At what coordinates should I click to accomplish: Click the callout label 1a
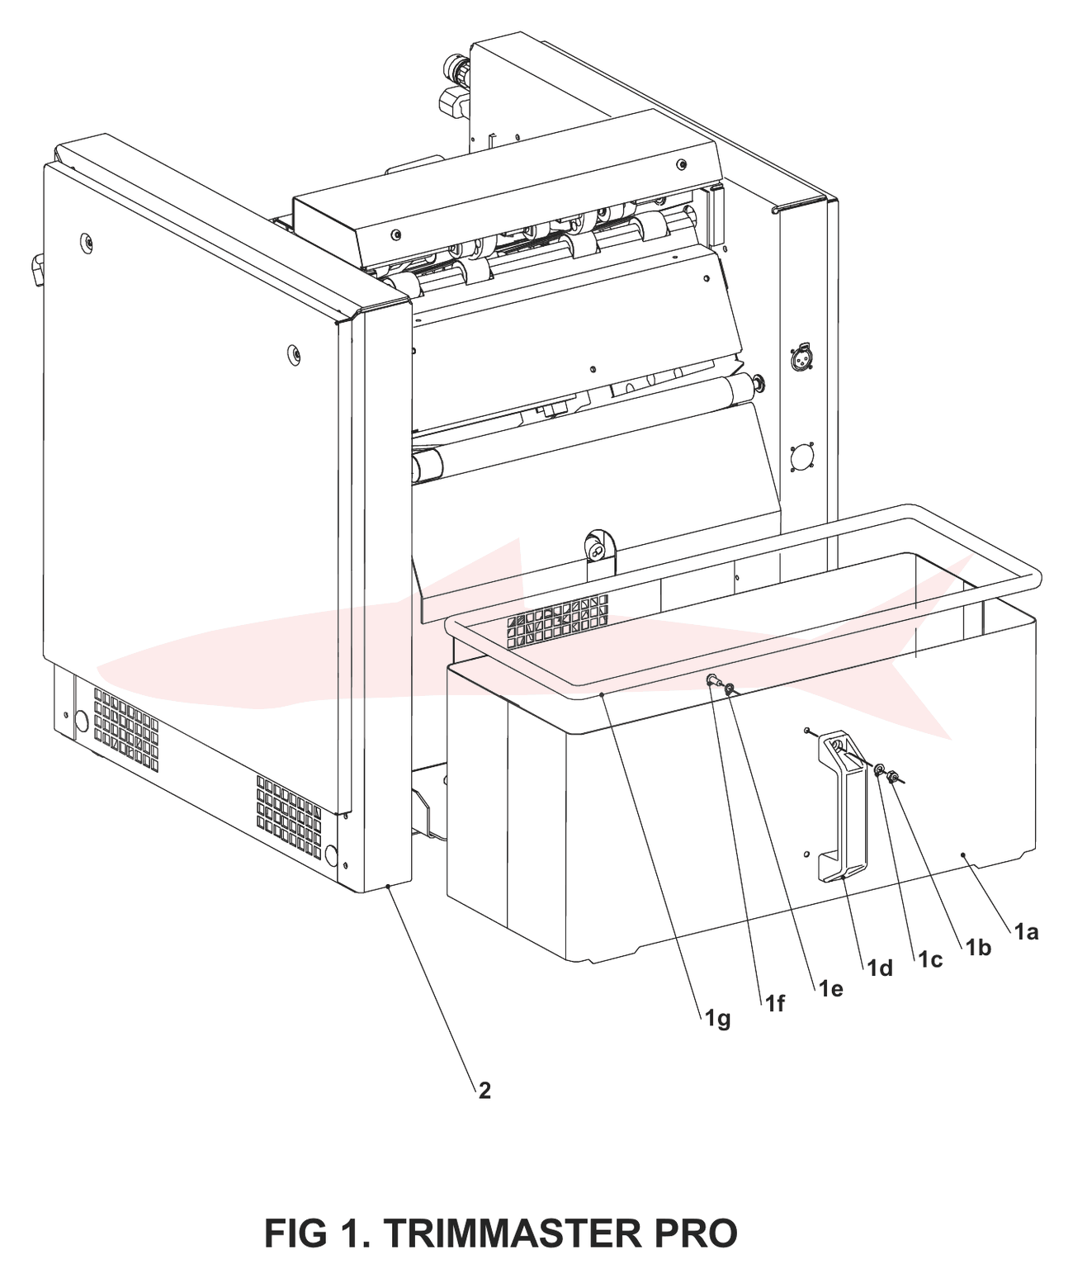pos(1027,932)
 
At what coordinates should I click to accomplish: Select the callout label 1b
pos(979,948)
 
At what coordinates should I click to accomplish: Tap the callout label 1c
pos(930,960)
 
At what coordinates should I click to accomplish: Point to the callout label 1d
pos(880,969)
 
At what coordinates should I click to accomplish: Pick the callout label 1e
pos(830,988)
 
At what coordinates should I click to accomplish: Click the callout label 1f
pos(775,1004)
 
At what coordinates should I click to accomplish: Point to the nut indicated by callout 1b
pos(891,778)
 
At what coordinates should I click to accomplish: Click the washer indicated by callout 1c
pos(878,770)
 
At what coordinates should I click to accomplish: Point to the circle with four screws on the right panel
pos(801,457)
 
